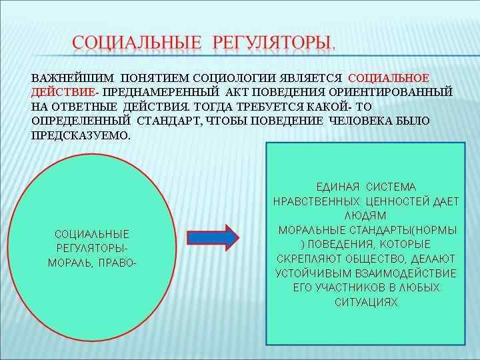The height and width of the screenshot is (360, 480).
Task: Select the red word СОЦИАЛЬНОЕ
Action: [x=389, y=78]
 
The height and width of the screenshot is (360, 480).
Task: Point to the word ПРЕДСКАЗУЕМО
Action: [x=81, y=135]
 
